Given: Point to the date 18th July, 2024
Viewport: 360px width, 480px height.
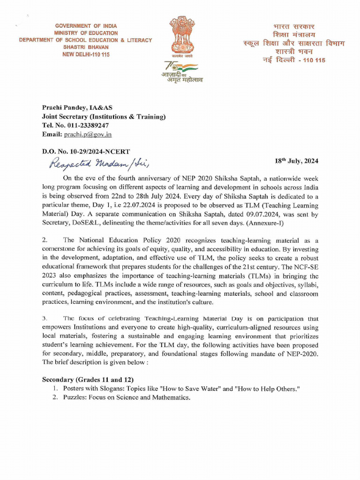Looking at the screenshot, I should (x=296, y=161).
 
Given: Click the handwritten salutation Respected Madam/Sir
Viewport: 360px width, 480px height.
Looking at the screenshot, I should (x=98, y=162).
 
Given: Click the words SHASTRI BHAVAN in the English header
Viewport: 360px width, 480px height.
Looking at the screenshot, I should (x=86, y=47).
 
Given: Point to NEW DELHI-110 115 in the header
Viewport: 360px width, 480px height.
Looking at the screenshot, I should (x=86, y=54).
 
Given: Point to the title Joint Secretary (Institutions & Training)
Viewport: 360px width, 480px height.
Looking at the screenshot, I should (x=104, y=117).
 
